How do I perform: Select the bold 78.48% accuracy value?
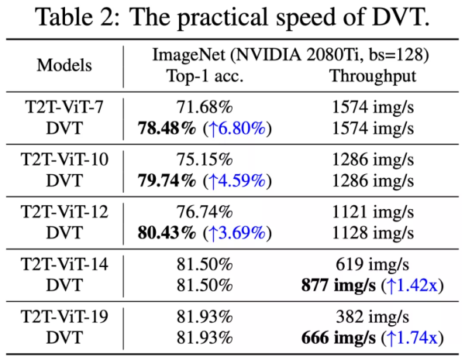tap(167, 128)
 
